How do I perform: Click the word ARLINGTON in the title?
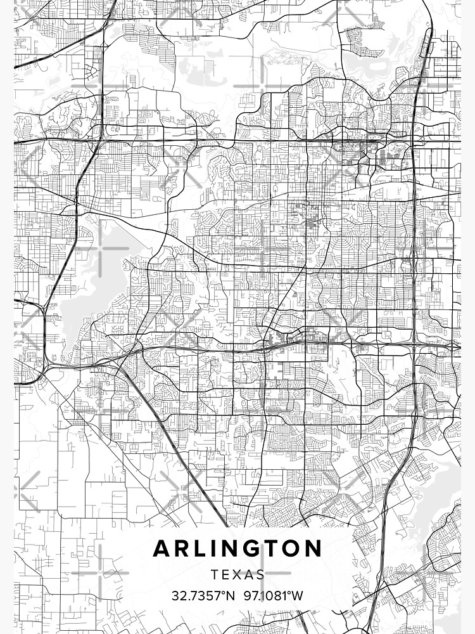coord(237,548)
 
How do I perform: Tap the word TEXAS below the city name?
coord(237,575)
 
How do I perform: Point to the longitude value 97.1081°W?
coord(273,597)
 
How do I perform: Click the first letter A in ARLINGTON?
coord(161,548)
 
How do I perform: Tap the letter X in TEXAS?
coord(237,575)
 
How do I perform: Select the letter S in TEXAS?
coord(260,575)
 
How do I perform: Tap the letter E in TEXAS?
coord(225,575)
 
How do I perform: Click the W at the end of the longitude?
coord(298,597)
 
